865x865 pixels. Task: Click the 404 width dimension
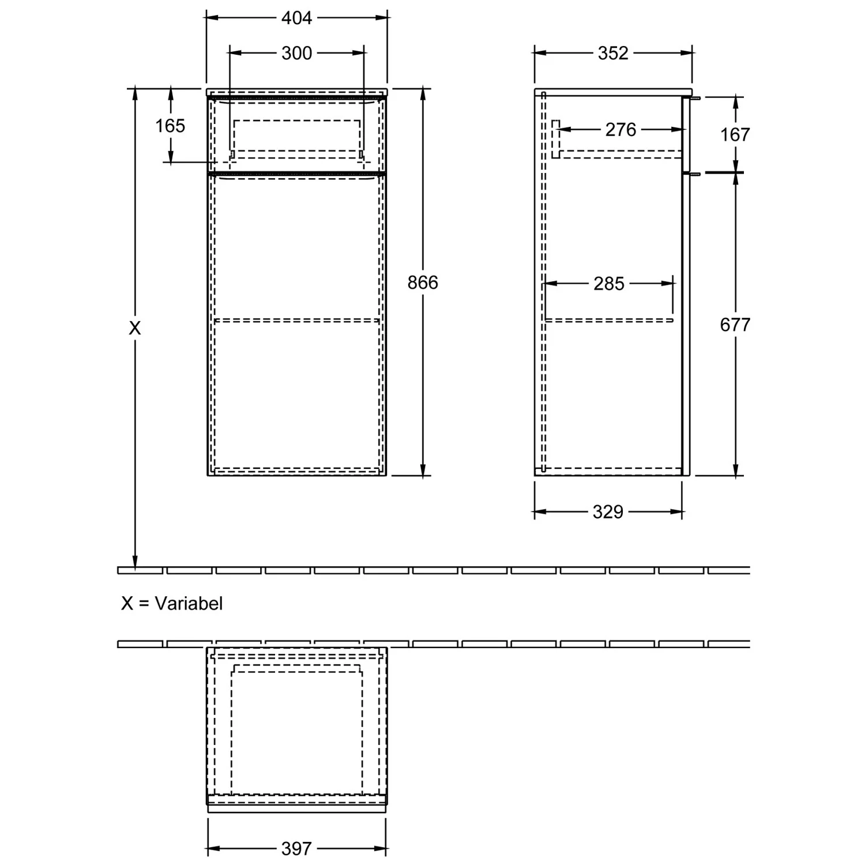296,18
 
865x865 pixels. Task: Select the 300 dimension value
296,53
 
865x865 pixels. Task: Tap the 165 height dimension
170,126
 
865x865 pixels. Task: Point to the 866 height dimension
423,283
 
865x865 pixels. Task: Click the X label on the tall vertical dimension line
134,328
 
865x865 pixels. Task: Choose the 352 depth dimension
612,53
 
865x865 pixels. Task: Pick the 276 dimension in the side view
620,130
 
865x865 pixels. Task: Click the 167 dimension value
735,135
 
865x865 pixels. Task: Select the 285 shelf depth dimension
609,284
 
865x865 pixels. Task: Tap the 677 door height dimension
735,325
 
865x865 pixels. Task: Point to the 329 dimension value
608,512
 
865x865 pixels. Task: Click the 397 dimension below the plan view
296,848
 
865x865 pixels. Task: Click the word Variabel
189,604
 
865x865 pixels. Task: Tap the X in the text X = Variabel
127,604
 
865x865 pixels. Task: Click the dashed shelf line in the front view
296,320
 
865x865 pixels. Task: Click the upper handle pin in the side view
696,98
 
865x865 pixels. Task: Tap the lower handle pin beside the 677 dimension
696,173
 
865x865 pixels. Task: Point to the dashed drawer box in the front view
296,137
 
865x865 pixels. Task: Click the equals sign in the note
144,604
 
